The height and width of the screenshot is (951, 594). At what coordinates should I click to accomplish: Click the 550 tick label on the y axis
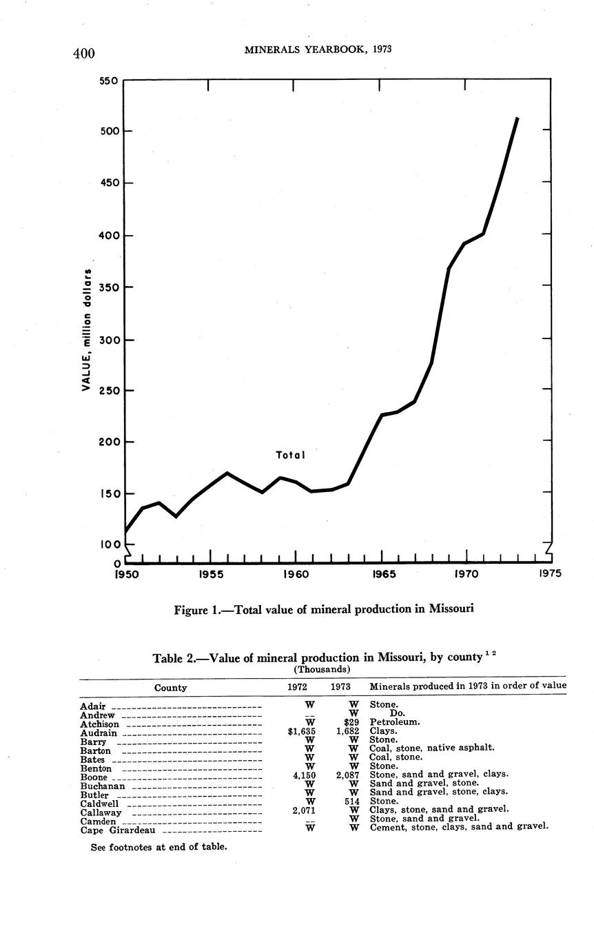point(109,81)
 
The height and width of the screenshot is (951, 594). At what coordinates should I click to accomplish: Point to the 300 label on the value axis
point(109,340)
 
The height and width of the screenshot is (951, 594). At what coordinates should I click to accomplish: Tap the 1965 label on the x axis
point(383,575)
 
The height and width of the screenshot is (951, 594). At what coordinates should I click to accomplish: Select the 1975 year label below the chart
point(549,573)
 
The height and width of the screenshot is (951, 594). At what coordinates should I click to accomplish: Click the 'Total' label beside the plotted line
point(290,455)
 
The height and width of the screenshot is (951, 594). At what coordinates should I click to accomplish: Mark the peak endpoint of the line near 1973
point(518,119)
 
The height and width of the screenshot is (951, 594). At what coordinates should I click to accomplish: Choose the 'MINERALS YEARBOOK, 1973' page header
point(323,49)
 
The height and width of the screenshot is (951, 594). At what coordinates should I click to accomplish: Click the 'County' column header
point(170,687)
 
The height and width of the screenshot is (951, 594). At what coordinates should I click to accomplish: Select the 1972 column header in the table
point(298,687)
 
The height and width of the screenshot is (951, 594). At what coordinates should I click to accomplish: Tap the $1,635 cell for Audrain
point(302,732)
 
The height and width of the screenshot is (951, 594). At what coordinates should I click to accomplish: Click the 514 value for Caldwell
point(352,802)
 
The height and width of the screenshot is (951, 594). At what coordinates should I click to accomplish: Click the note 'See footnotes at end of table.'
point(158,846)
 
